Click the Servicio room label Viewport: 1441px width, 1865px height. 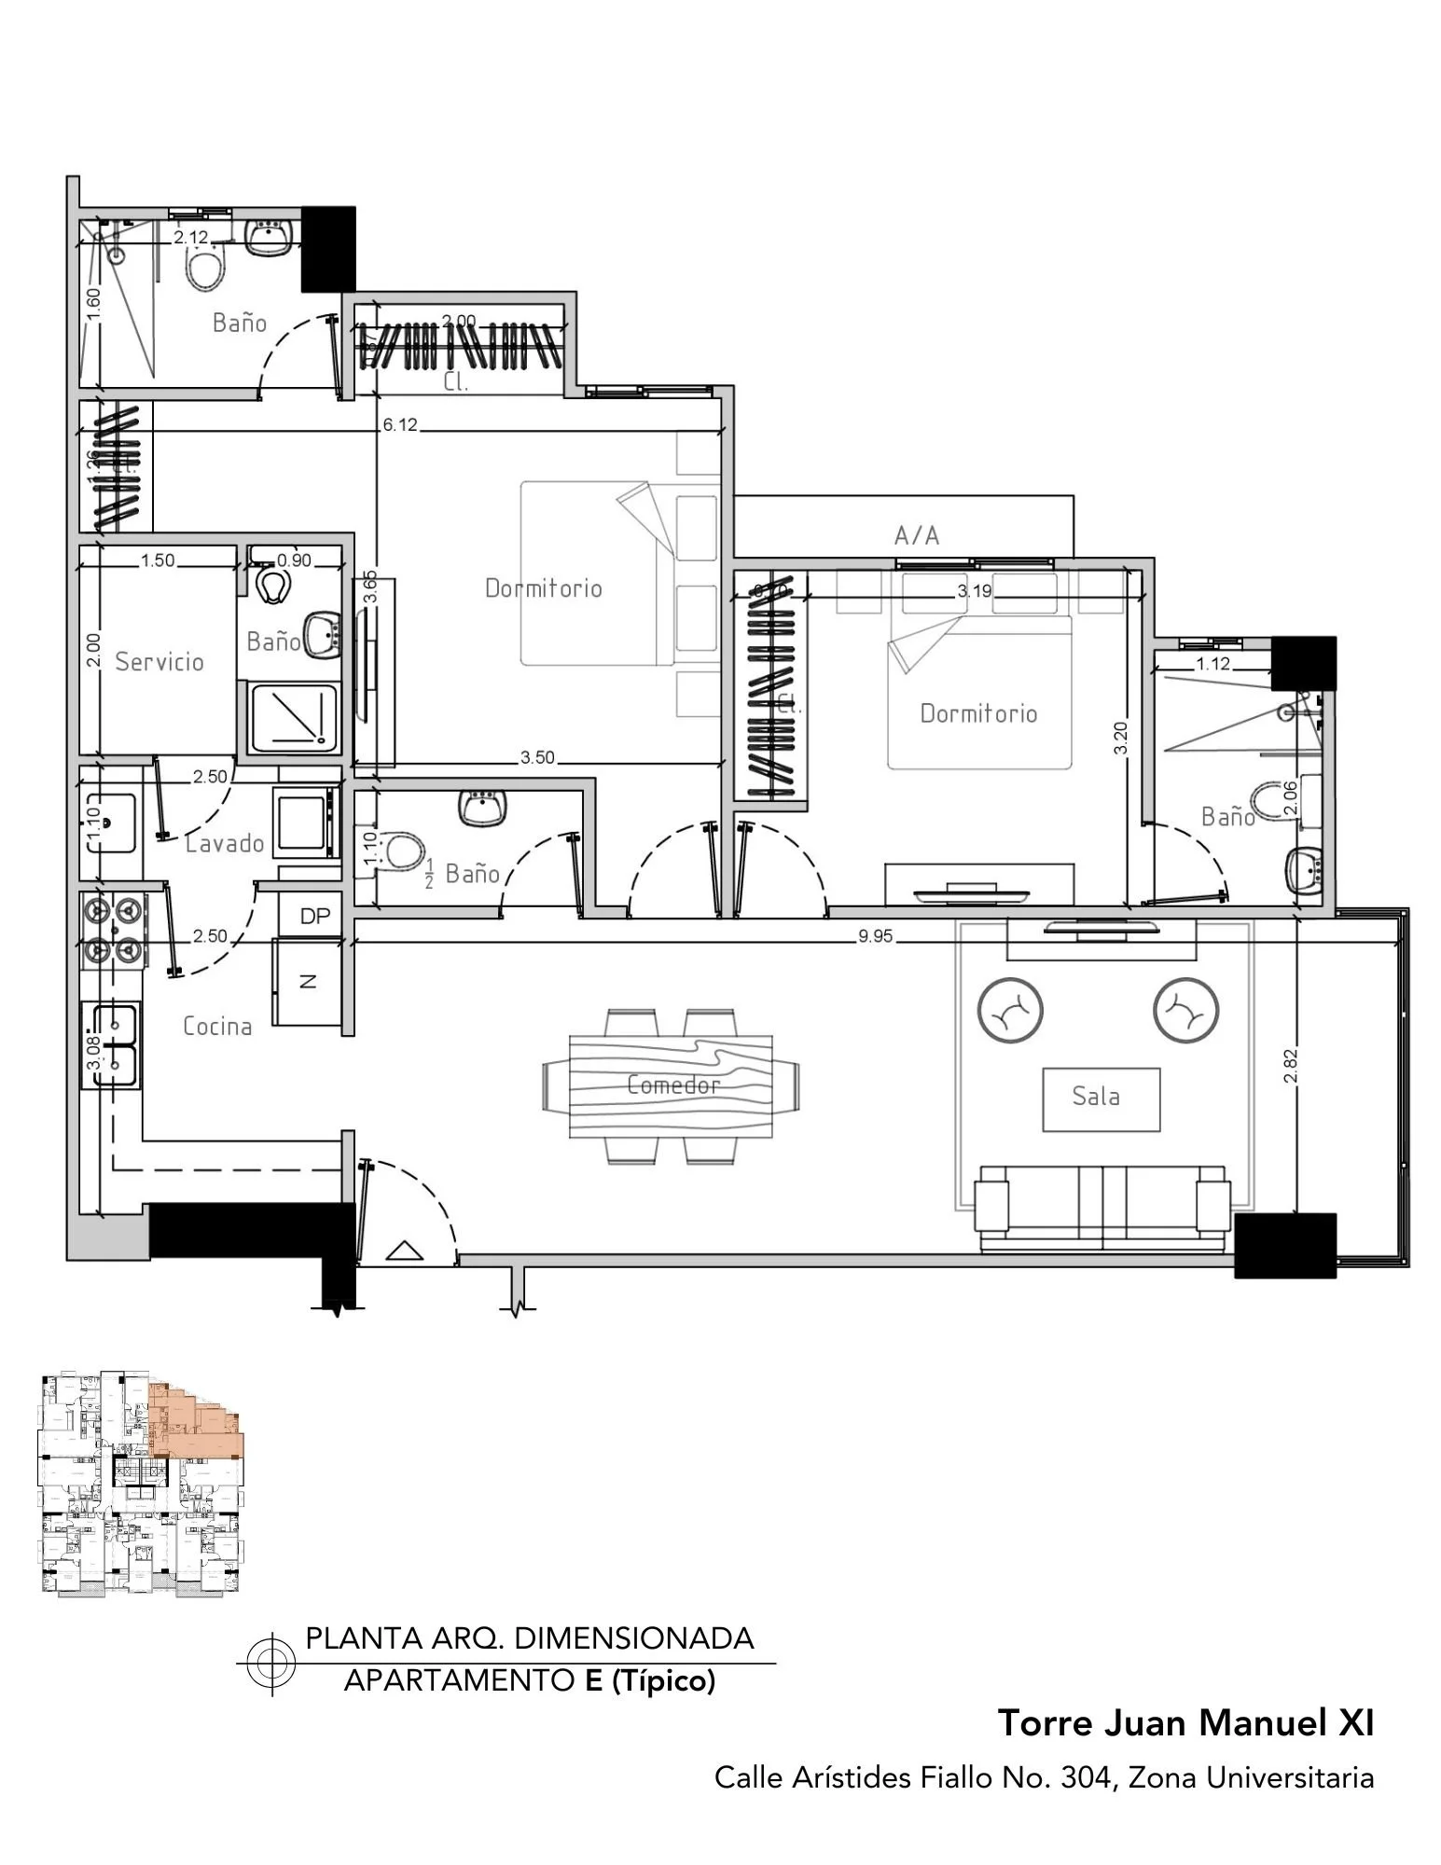[159, 661]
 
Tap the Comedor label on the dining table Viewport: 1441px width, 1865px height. [672, 1084]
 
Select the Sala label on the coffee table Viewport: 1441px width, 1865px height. [1095, 1096]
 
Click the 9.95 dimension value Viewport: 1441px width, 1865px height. [875, 936]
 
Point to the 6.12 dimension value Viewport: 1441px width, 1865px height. [400, 425]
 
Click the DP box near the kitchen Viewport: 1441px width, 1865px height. [315, 916]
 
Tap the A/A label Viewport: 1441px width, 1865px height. [916, 535]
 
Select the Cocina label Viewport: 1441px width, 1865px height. [217, 1026]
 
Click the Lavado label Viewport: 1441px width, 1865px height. [225, 843]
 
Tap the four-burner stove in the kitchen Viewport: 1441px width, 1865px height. [112, 928]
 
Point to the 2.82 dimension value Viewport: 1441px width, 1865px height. [1290, 1066]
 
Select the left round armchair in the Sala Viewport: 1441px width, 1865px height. [1009, 1011]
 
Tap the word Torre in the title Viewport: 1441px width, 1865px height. [1046, 1722]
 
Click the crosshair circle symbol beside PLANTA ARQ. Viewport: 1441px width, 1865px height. [271, 1664]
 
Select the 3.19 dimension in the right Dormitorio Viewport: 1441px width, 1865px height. [974, 590]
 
